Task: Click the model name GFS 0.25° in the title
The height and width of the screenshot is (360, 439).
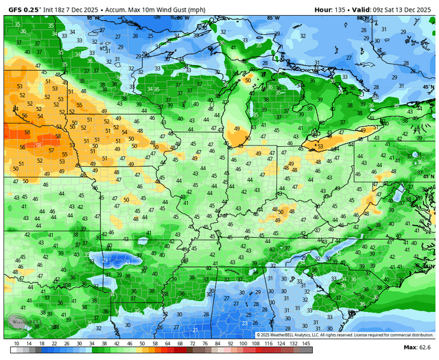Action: pos(22,10)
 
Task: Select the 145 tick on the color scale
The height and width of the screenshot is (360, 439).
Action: pos(306,342)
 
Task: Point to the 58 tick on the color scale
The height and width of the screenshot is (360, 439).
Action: pos(156,342)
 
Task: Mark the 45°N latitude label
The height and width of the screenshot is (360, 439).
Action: pos(428,88)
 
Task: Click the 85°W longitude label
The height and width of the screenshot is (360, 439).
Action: pos(273,19)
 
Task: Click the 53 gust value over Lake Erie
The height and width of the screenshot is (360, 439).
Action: pos(318,146)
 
